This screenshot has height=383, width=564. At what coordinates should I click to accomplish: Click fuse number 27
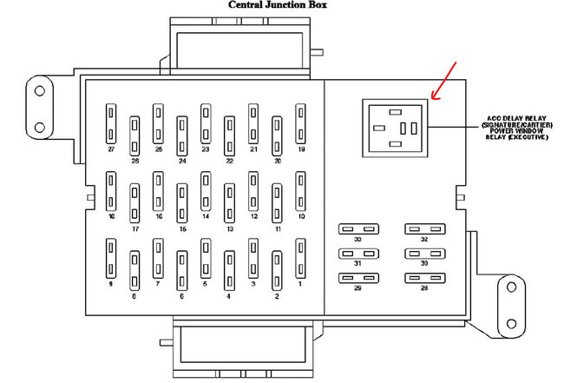point(111,123)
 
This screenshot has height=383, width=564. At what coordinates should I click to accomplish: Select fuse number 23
point(206,123)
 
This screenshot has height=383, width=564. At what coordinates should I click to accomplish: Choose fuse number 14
point(206,191)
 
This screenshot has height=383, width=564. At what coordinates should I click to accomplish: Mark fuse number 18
point(111,191)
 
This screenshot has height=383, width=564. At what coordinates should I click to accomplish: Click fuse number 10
point(300,191)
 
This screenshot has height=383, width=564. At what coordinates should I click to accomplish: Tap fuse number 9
point(111,258)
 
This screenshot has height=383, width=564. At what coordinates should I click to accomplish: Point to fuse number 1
point(300,258)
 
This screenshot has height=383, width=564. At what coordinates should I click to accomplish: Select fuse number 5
point(206,258)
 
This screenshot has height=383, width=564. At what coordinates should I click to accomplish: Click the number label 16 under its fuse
point(159,216)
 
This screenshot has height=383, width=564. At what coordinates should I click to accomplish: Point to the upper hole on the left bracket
point(39,88)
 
